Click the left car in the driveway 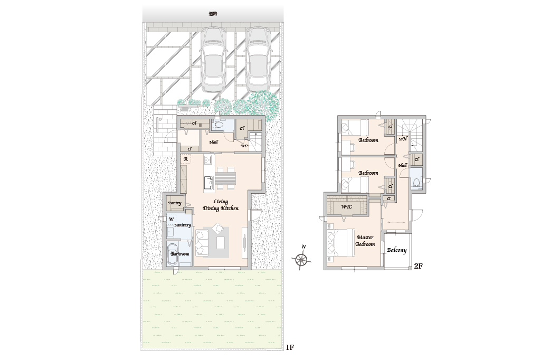click(214, 59)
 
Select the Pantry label click(175, 203)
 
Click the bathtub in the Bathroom click(173, 254)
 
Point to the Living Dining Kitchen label click(221, 205)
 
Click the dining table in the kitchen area click(226, 179)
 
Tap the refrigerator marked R click(186, 159)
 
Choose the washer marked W click(171, 219)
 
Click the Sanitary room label click(183, 225)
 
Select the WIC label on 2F click(346, 207)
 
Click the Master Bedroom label click(365, 241)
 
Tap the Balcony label click(396, 250)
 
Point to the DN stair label click(403, 139)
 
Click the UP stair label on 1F click(244, 146)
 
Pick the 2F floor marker click(418, 266)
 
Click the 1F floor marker click(290, 347)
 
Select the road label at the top click(213, 14)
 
